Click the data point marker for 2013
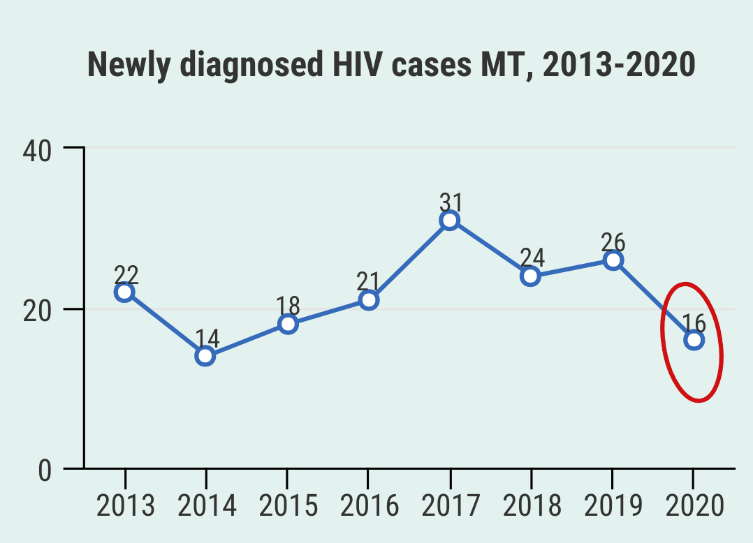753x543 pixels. [x=124, y=292]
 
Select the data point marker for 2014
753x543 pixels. [x=205, y=356]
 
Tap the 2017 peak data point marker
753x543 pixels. [x=450, y=221]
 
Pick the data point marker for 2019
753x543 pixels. [x=613, y=260]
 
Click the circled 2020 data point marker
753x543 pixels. [x=694, y=340]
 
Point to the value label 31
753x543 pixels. [x=451, y=201]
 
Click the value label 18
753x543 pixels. [x=288, y=306]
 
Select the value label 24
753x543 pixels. [x=532, y=258]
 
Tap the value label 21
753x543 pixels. [x=368, y=282]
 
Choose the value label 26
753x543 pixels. [x=613, y=242]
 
